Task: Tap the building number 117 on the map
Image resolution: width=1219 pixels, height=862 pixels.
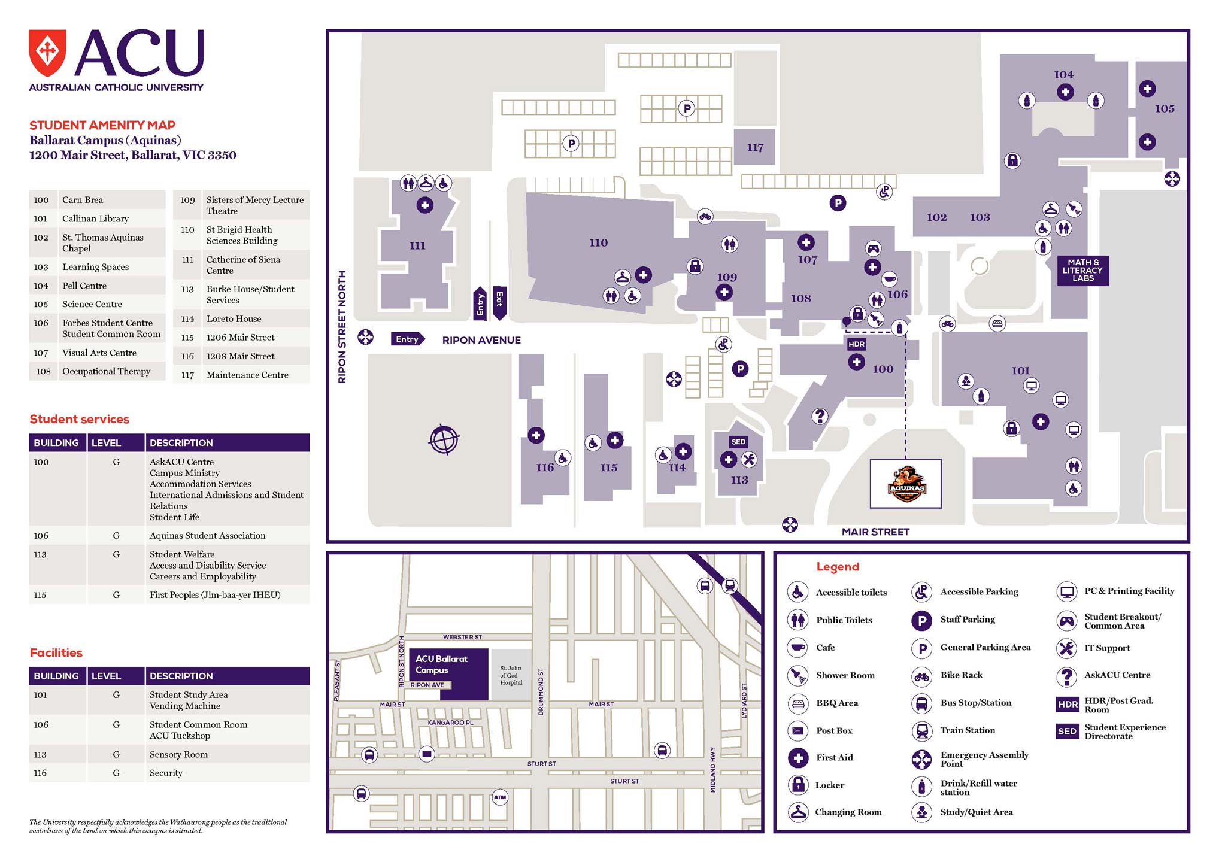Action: coord(755,147)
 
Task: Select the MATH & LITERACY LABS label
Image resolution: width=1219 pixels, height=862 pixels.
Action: coord(1082,271)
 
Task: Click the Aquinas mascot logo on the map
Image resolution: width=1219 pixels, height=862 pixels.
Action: coord(906,484)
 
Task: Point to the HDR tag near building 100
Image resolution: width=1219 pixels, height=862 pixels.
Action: coord(856,344)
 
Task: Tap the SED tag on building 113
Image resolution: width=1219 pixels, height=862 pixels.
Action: coord(738,442)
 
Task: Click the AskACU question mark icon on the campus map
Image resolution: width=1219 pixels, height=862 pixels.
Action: coord(820,415)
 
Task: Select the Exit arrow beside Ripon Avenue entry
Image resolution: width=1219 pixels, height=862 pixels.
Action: coord(499,302)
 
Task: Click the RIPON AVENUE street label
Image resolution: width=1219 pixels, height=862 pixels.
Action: coord(481,340)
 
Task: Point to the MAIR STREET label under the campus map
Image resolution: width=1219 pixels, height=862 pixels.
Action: coord(875,532)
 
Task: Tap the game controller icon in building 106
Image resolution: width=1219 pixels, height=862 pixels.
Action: coord(873,248)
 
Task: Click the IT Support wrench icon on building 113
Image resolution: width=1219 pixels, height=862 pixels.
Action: coord(749,460)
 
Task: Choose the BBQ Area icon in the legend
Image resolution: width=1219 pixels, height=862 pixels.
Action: coord(797,703)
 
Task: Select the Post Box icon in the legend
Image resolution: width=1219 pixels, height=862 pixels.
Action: coord(797,731)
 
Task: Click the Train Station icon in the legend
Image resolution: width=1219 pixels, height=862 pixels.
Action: coord(921,731)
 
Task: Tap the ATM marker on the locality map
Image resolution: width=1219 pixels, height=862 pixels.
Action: coord(500,797)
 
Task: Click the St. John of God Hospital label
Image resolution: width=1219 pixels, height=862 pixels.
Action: coord(511,675)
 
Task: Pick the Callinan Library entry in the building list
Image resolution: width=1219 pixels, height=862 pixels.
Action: coord(95,218)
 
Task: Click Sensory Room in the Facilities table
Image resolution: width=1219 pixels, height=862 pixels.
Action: coord(178,754)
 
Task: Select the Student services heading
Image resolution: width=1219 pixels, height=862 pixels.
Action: coord(80,419)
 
